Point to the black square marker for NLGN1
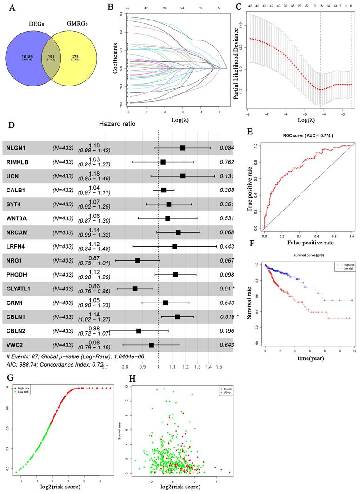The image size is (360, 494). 183,148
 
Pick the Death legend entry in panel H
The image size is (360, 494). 225,387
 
